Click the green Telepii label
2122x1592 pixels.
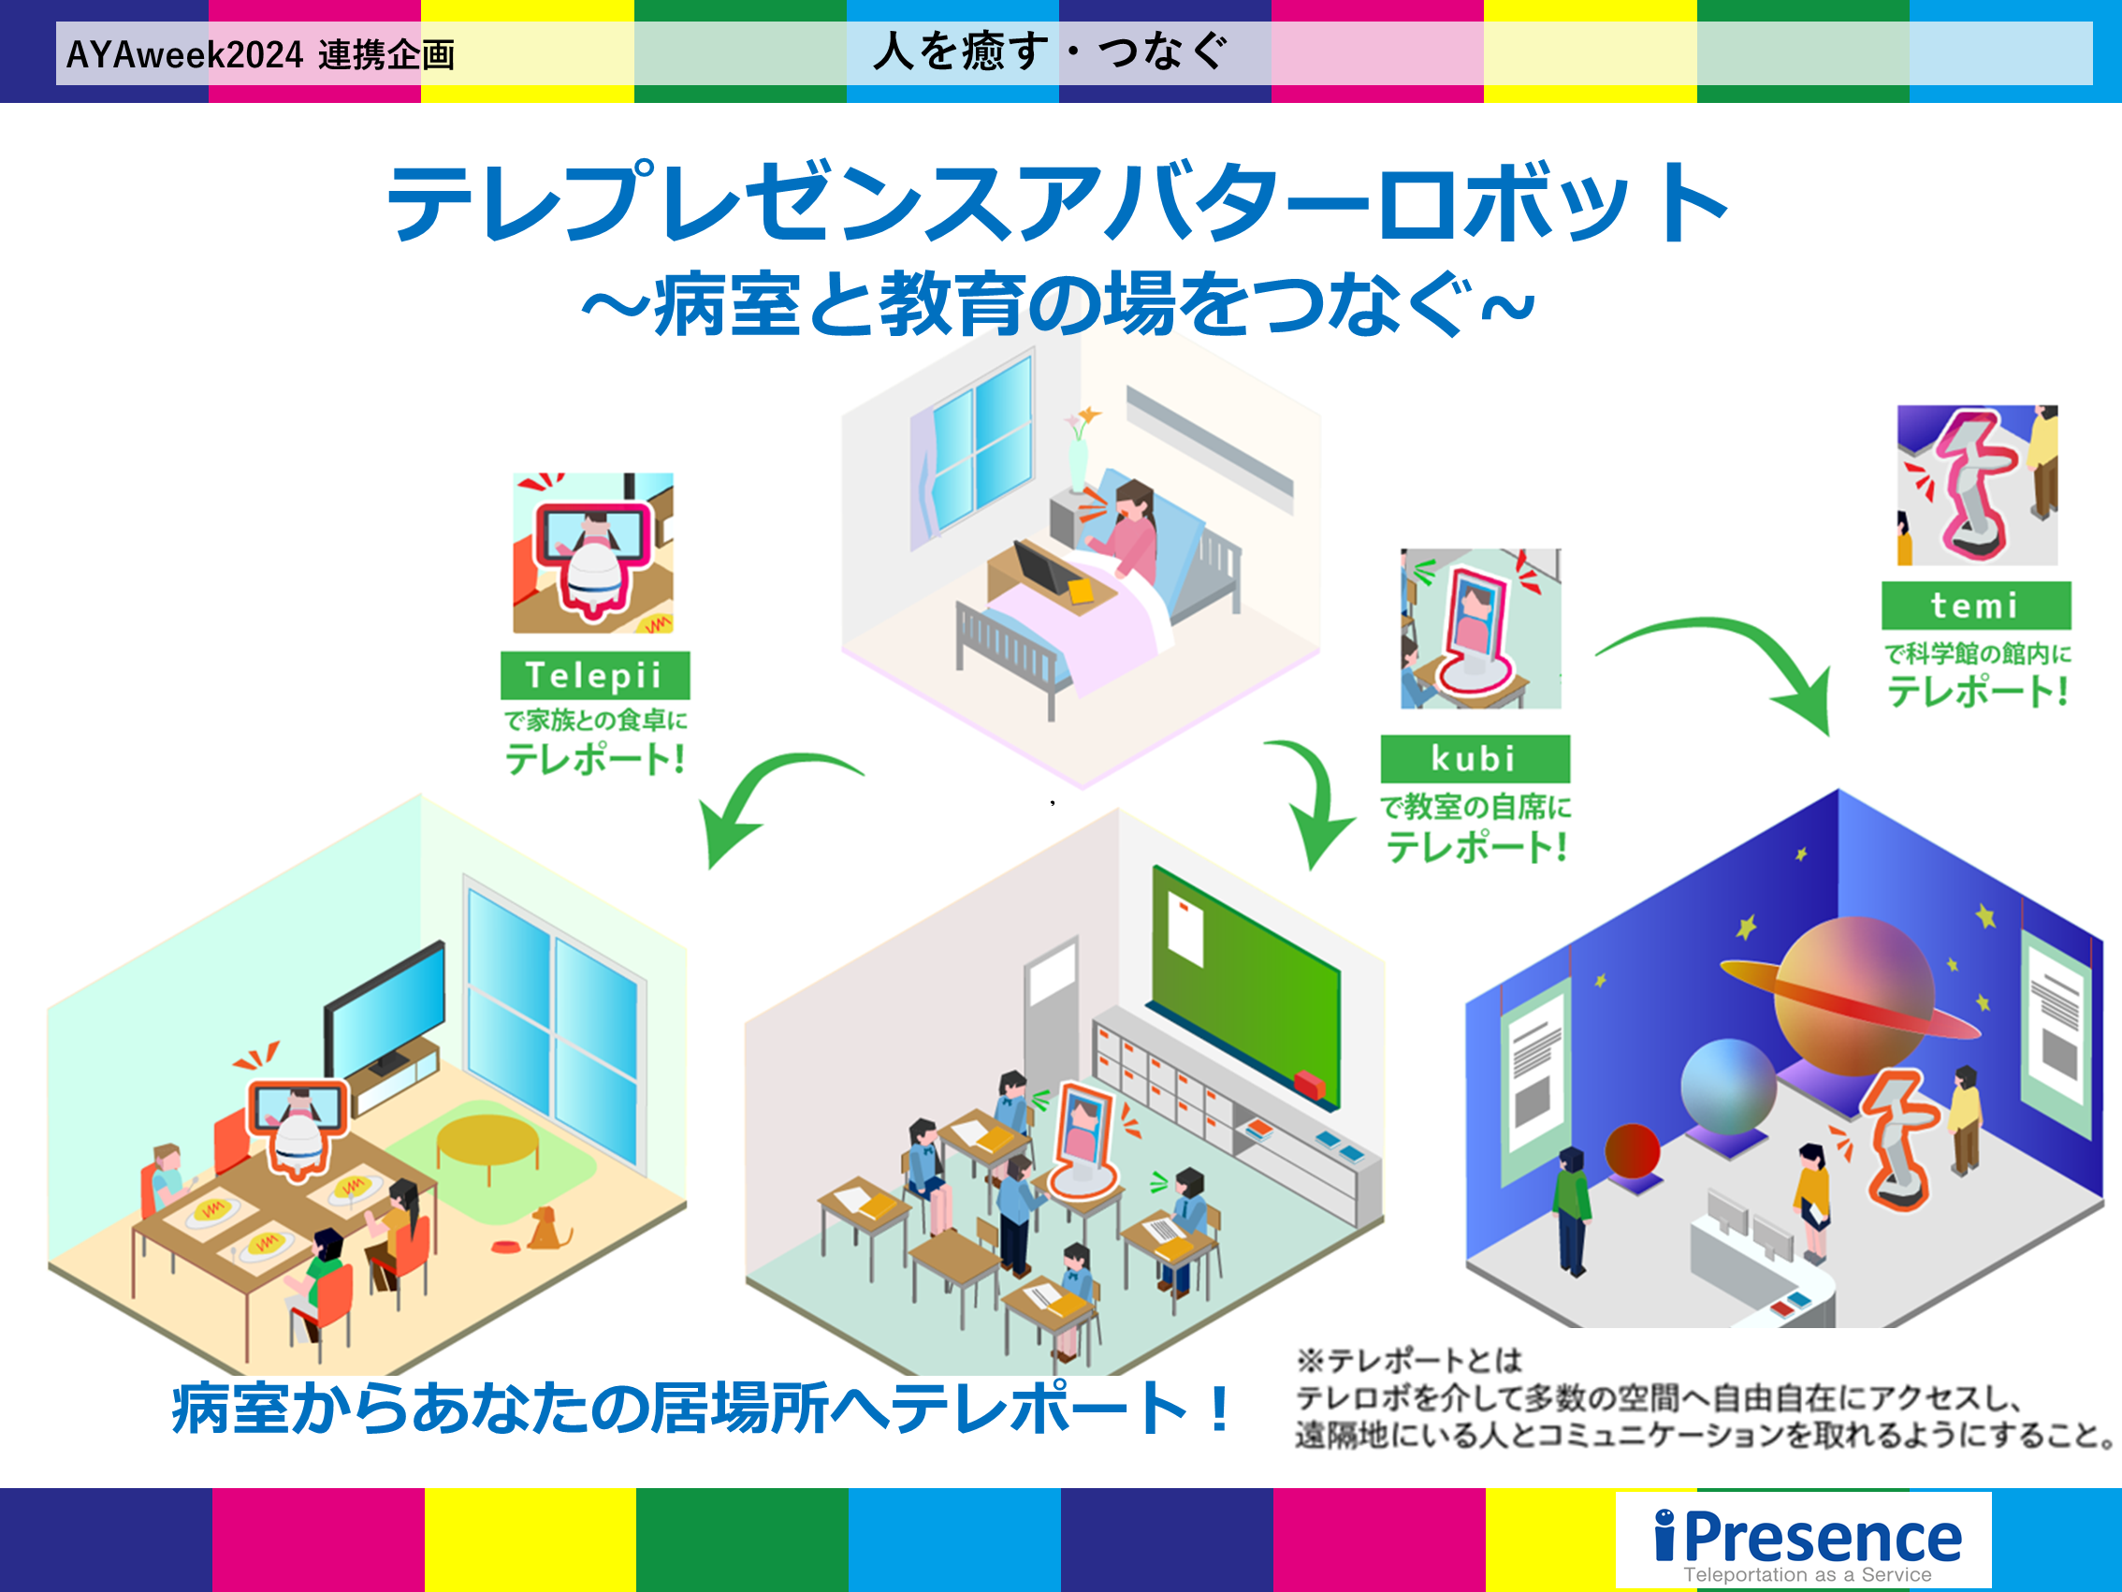pyautogui.click(x=595, y=676)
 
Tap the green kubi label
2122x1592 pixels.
pyautogui.click(x=1475, y=759)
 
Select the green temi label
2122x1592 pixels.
pyautogui.click(x=1976, y=606)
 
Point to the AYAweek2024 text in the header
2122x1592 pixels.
pyautogui.click(x=184, y=54)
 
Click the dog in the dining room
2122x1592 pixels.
pyautogui.click(x=546, y=1228)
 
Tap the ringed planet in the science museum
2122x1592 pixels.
pyautogui.click(x=1852, y=998)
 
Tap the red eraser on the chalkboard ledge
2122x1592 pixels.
pyautogui.click(x=1310, y=1085)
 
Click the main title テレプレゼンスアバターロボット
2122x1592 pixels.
pyautogui.click(x=1059, y=203)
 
